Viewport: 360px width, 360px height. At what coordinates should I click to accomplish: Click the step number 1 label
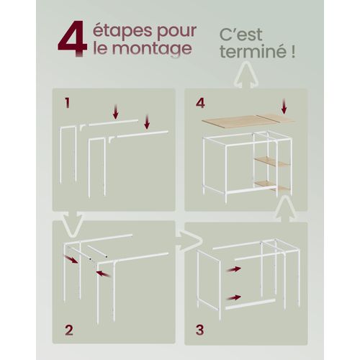[67, 103]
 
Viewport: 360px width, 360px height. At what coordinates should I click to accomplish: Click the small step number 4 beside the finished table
[200, 103]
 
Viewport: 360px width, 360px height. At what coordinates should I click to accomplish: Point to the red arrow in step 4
[284, 107]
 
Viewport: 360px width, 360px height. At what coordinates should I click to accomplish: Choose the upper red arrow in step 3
[233, 269]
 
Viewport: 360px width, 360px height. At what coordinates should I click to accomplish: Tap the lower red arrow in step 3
[233, 297]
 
